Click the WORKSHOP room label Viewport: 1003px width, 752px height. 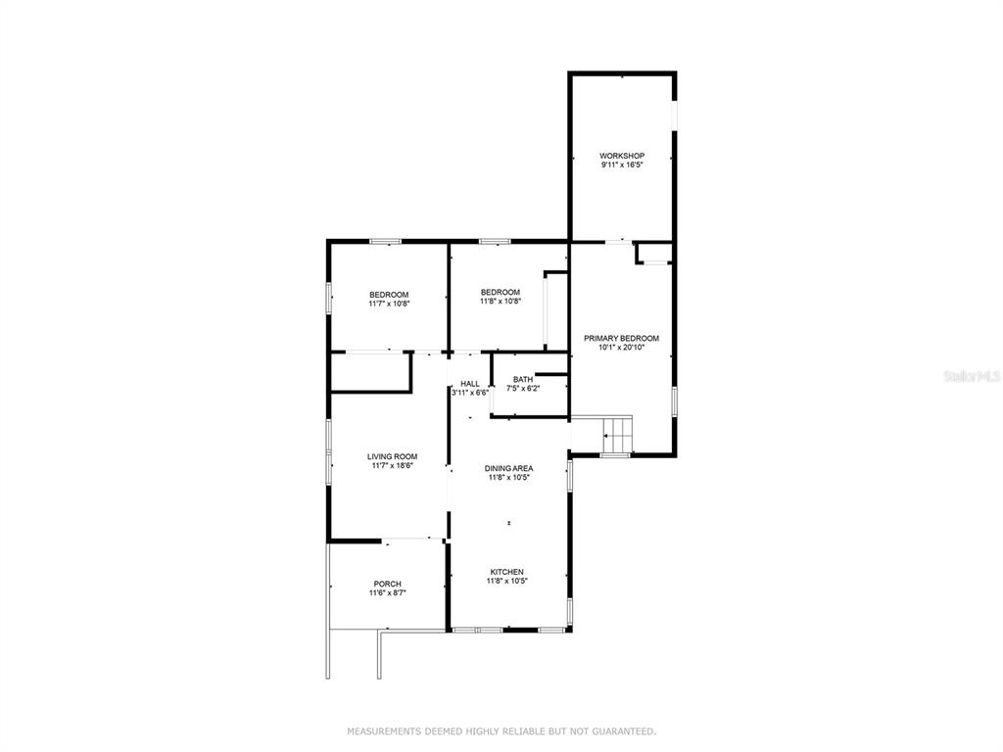[x=622, y=156]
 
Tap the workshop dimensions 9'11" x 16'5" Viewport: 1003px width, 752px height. [x=622, y=164]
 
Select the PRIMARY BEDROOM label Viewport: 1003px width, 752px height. [x=621, y=338]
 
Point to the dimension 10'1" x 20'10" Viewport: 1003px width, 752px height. [x=621, y=348]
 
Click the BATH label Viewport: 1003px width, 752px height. [x=523, y=379]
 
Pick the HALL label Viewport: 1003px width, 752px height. [x=470, y=384]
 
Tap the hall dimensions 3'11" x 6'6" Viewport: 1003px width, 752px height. [x=470, y=393]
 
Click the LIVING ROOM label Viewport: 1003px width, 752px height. [x=392, y=456]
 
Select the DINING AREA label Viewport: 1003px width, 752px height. [x=508, y=468]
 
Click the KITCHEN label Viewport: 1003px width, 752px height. [x=507, y=572]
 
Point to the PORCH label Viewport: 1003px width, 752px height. [x=388, y=584]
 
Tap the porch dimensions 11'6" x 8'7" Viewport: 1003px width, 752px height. [x=388, y=592]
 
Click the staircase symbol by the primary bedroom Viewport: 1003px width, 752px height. [x=618, y=434]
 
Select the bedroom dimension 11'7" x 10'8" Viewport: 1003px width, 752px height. [x=389, y=304]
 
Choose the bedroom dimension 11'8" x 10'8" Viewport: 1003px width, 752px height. [x=501, y=302]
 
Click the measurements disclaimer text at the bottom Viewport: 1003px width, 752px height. [x=501, y=730]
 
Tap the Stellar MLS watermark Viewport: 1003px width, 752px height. [x=972, y=377]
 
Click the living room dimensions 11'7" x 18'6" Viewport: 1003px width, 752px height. [x=392, y=465]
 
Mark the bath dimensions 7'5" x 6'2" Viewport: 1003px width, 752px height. [x=523, y=388]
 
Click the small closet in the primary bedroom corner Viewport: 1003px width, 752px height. [x=653, y=254]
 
